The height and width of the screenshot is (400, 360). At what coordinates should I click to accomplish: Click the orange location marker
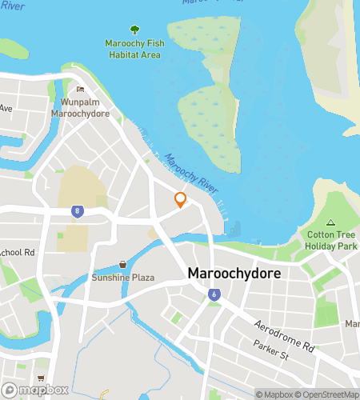point(181,200)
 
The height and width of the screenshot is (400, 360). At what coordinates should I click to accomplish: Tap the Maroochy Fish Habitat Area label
point(133,49)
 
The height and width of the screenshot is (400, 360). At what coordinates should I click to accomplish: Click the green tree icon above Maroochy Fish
point(133,30)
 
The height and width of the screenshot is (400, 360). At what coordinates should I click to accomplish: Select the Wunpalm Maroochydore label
point(80,108)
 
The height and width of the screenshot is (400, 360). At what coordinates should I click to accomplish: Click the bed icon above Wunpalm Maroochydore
point(79,90)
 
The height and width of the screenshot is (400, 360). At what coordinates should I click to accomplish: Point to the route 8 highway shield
point(77,211)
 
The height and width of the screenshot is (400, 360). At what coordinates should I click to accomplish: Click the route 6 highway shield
point(214,294)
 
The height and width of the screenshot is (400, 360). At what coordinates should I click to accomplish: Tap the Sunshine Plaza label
point(122,278)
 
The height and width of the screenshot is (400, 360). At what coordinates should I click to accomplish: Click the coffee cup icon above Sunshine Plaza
point(122,263)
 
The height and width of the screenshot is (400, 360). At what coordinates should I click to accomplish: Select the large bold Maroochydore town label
point(234,274)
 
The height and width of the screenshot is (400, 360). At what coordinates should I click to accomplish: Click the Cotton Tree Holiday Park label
point(331,241)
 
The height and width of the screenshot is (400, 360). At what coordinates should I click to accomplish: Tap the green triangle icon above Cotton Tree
point(331,222)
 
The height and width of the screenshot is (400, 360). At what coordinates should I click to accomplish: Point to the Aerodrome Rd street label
point(283,335)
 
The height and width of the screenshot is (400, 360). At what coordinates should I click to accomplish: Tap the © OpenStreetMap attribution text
point(327,394)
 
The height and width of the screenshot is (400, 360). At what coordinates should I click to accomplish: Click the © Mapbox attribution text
point(274,394)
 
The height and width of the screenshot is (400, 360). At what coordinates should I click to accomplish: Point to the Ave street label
point(6,108)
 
